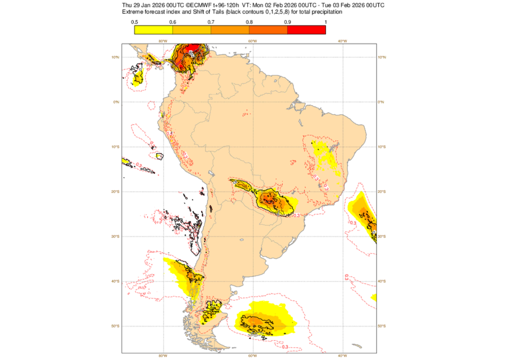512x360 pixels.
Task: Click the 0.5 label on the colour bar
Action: pyautogui.click(x=135, y=22)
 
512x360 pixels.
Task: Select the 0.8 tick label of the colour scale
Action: pyautogui.click(x=250, y=22)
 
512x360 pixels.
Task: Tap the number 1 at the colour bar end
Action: pyautogui.click(x=325, y=22)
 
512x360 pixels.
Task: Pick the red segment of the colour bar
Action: pyautogui.click(x=306, y=30)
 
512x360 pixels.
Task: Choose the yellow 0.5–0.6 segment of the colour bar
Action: pyautogui.click(x=154, y=30)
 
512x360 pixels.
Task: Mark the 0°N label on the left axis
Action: pyautogui.click(x=115, y=102)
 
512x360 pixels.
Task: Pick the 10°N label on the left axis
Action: pyautogui.click(x=115, y=57)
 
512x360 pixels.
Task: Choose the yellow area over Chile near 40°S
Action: pyautogui.click(x=181, y=273)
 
